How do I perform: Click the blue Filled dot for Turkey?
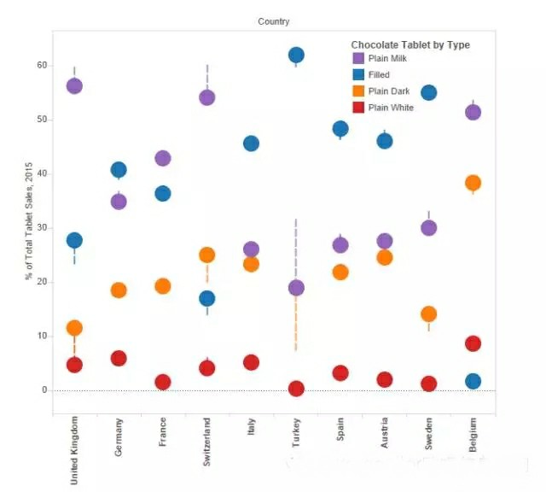(296, 56)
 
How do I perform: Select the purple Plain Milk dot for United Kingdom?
(74, 85)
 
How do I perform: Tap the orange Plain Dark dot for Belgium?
(473, 182)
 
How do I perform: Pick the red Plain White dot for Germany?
(119, 358)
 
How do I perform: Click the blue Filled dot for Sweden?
(428, 92)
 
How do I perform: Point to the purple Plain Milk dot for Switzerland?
(206, 97)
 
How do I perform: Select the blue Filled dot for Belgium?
(473, 381)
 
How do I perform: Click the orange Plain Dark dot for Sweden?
(428, 313)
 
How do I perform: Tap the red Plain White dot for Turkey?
(296, 389)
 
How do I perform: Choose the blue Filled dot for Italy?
(251, 143)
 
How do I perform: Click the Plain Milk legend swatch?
(358, 58)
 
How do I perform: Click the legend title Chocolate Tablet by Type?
(409, 44)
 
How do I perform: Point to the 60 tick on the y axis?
(41, 65)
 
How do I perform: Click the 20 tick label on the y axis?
(41, 282)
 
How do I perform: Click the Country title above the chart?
(273, 21)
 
